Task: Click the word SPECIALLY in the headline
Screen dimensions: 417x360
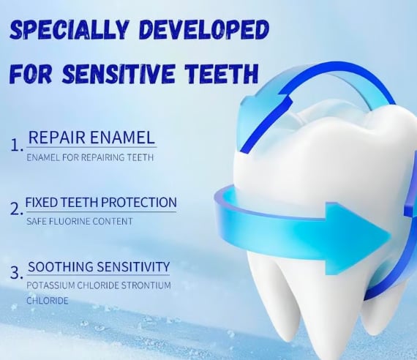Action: click(69, 29)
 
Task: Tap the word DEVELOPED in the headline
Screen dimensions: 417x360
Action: click(203, 29)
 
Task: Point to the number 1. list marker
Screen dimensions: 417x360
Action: click(17, 146)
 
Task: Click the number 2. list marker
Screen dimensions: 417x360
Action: click(17, 209)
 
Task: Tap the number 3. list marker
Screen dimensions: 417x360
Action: click(17, 273)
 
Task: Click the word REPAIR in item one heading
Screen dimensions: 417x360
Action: click(57, 138)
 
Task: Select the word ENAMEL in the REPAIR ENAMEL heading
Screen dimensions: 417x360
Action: click(122, 138)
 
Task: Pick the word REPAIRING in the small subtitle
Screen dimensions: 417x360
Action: click(102, 157)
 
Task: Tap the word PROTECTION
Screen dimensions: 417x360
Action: click(139, 203)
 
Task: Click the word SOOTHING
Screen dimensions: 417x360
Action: click(61, 266)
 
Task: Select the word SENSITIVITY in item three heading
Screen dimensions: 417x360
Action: click(133, 266)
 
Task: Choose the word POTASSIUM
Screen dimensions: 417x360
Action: click(50, 285)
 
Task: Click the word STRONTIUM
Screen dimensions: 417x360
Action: click(146, 285)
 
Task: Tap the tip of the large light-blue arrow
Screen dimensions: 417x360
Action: click(391, 235)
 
